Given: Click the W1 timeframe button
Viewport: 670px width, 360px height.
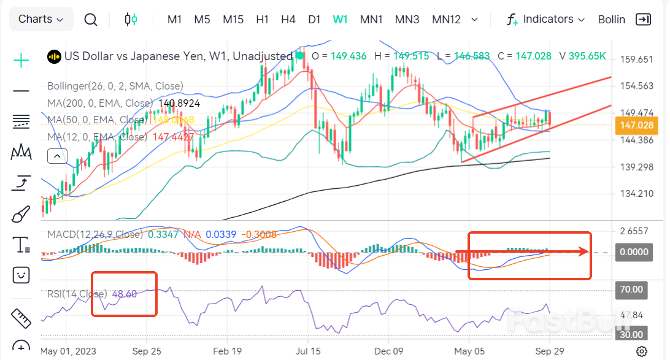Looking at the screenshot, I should (340, 19).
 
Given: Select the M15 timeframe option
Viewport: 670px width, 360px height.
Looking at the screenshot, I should (233, 19).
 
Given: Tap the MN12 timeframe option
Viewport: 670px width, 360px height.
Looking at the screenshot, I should (446, 19).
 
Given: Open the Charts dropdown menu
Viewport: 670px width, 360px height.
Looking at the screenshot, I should (40, 19).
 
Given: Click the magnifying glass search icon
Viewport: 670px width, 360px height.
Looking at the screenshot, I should (91, 20).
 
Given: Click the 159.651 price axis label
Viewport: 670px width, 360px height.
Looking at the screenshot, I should (637, 59).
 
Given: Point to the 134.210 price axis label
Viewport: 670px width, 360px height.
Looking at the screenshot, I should (637, 194).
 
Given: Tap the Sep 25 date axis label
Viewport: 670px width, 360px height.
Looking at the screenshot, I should (147, 351).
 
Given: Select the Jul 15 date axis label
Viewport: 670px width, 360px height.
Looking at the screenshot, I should (307, 351).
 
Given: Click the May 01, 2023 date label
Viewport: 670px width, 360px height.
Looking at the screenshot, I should (69, 351).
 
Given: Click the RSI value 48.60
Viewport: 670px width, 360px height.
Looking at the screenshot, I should (125, 294).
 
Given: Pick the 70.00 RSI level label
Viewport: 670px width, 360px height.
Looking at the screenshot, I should (631, 289).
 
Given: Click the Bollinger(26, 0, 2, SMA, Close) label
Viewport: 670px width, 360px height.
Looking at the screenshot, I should (115, 86).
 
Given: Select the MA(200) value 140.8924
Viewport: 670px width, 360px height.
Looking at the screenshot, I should (179, 103).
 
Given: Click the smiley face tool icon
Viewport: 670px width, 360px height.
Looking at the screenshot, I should (21, 274).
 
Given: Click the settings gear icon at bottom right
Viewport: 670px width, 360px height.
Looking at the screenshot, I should (641, 351).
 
